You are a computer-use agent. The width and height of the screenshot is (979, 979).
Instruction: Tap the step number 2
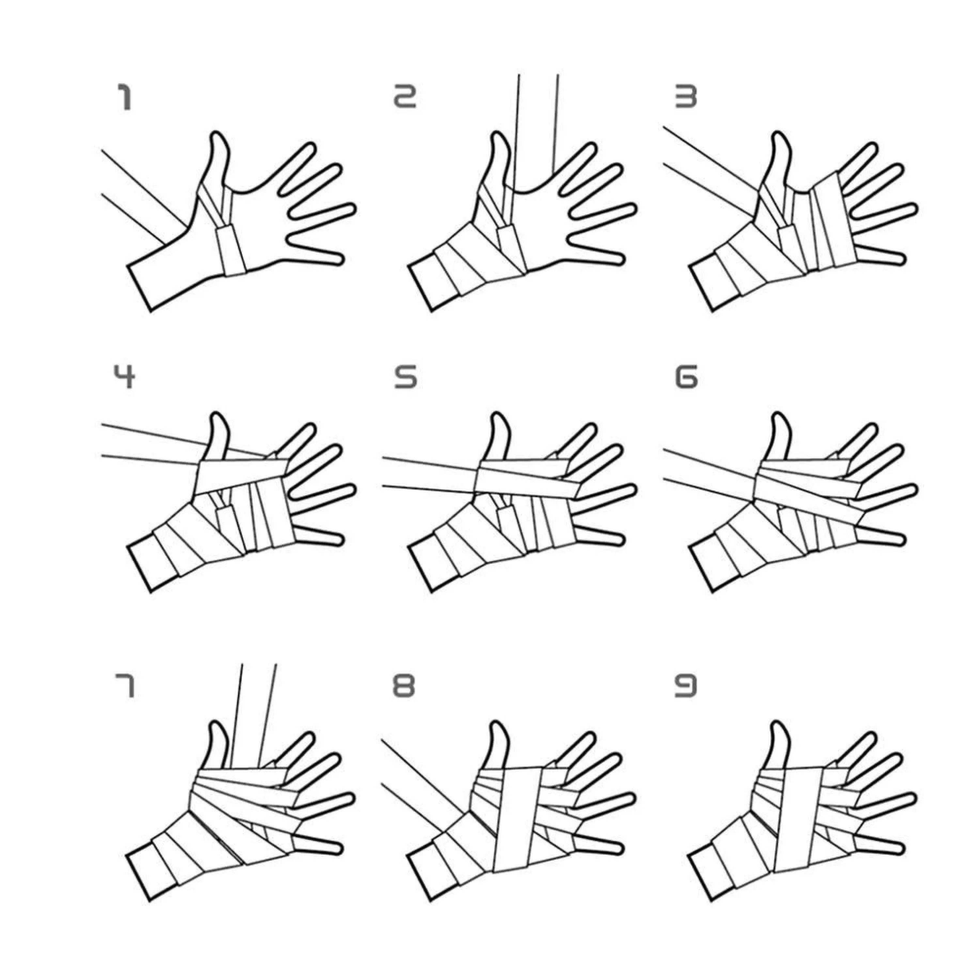point(405,97)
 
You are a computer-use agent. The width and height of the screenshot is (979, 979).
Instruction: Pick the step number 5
point(405,378)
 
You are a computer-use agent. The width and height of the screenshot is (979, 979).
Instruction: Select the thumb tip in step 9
point(779,723)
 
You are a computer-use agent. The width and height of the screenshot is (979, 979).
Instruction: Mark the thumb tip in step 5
point(498,415)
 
